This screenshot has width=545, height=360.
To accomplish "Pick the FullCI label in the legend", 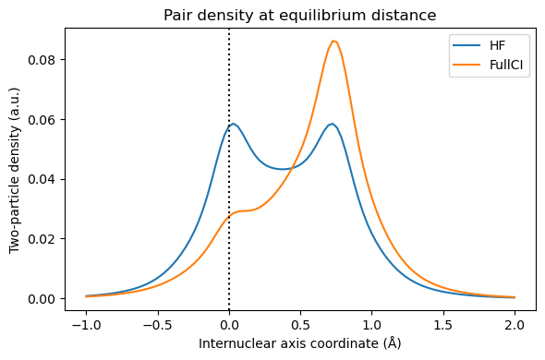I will click(x=504, y=67).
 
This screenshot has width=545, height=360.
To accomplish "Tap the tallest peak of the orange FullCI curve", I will click(x=333, y=41).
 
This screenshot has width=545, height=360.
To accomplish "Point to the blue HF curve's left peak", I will click(x=234, y=124).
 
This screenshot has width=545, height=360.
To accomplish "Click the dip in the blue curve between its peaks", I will click(x=284, y=169).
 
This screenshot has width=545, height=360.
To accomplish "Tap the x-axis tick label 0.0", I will click(x=229, y=326).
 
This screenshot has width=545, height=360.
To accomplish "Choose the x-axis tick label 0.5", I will click(x=300, y=326).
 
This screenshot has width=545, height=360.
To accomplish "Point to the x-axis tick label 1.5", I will click(x=443, y=326).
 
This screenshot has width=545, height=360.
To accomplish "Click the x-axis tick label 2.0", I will click(x=515, y=326).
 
